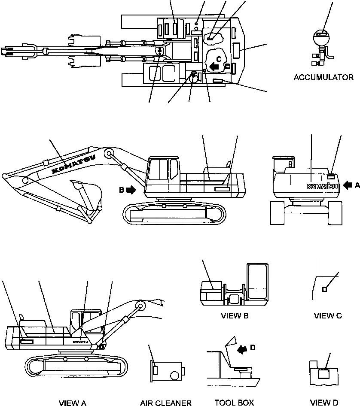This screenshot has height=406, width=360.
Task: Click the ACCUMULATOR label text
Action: (x=323, y=78)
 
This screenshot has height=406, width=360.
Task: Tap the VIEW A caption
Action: (x=73, y=403)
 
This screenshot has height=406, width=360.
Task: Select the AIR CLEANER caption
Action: (x=165, y=403)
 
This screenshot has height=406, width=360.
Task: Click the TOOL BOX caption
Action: (x=234, y=402)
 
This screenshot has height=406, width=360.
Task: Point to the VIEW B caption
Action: (x=235, y=316)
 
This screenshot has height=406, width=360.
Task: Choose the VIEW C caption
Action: (x=328, y=316)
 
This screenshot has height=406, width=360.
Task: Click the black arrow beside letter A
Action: (x=348, y=185)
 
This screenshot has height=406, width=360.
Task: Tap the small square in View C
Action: (x=324, y=289)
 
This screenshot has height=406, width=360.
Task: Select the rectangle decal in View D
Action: (x=323, y=374)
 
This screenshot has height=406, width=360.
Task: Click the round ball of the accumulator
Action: (x=321, y=37)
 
